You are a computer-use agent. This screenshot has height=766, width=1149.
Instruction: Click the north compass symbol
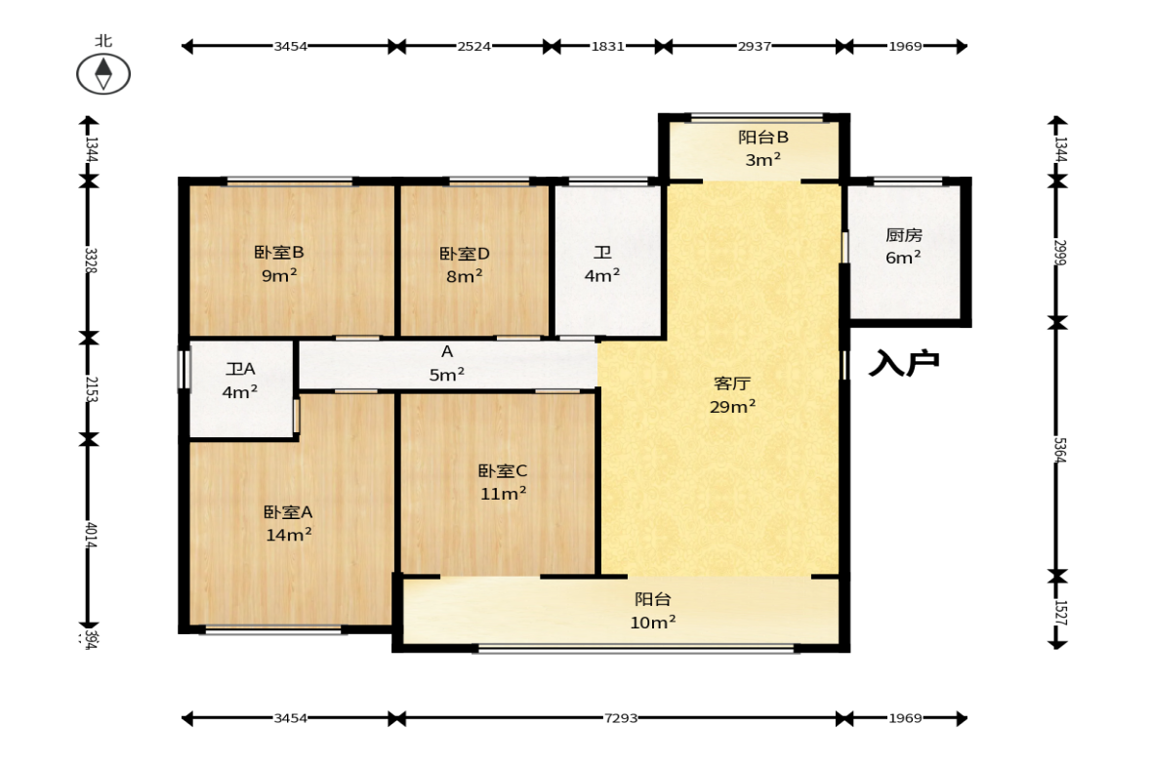tap(103, 74)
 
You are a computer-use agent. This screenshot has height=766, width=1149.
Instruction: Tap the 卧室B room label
tap(279, 263)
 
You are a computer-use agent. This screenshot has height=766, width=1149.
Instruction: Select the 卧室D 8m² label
tap(465, 264)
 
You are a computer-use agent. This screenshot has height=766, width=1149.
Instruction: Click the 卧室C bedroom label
tap(503, 482)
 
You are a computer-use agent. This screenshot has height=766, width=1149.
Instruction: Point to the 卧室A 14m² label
tap(289, 523)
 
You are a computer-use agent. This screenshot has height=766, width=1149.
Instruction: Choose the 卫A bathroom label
tap(240, 380)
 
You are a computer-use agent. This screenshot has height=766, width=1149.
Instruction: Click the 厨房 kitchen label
tap(904, 246)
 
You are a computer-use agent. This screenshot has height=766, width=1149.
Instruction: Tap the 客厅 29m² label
tap(732, 395)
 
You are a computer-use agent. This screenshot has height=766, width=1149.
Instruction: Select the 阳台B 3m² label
tap(762, 148)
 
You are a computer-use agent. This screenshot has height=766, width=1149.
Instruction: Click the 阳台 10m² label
tap(653, 610)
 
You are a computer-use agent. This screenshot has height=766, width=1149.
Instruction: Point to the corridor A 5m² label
tap(447, 363)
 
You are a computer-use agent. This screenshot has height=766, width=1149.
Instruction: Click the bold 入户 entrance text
tap(904, 362)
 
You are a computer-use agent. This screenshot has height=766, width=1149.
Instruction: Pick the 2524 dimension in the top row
tap(474, 46)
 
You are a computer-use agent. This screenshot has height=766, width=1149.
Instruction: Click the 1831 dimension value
tap(608, 46)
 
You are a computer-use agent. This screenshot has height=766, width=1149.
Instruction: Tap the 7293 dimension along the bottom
tap(621, 718)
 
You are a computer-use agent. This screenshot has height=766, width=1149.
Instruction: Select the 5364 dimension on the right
tap(1059, 450)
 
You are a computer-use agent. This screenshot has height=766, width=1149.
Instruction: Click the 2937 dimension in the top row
tap(755, 46)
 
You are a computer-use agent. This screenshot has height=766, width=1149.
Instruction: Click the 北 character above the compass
tap(103, 40)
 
